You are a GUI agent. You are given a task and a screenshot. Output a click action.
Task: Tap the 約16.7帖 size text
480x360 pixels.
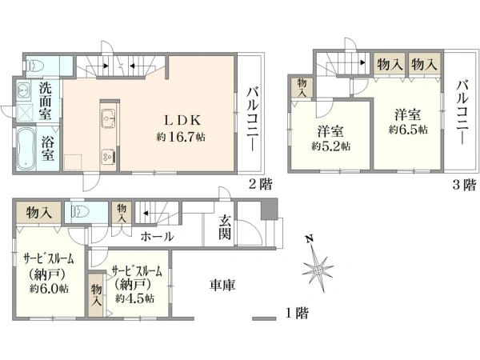point(181,137)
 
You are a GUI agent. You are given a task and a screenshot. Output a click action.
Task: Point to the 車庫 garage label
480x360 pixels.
point(222,285)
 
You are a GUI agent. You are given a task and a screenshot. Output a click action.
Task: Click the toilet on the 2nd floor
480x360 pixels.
point(35,65)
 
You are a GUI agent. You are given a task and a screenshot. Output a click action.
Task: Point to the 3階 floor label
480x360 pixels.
point(463,186)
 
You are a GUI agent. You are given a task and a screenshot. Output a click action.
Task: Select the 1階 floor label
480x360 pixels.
point(295,313)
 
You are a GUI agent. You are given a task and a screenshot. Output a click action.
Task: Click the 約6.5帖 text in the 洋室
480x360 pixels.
point(408,129)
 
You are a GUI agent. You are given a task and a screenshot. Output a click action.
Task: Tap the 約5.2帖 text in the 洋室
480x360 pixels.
point(330,146)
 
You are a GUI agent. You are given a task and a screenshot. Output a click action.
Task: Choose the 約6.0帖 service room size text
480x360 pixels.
point(46,287)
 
